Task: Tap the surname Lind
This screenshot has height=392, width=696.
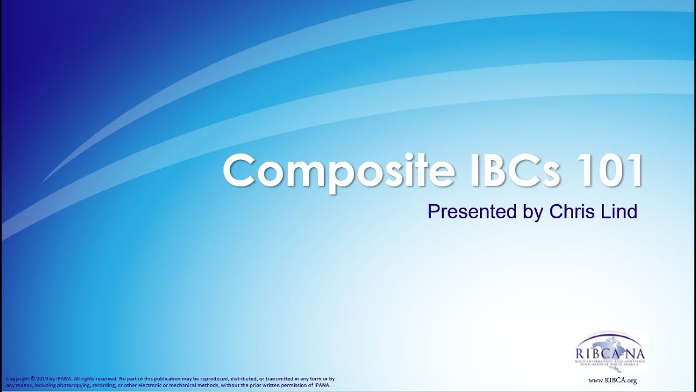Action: click(617, 211)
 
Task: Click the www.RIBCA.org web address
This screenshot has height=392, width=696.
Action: click(613, 381)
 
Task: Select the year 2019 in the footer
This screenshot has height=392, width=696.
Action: click(45, 378)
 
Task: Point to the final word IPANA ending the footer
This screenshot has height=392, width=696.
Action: click(321, 385)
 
